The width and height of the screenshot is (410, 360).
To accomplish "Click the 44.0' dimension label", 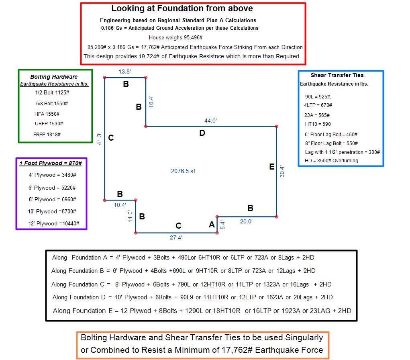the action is point(210,121).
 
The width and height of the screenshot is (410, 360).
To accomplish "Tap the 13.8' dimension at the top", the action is point(124,72).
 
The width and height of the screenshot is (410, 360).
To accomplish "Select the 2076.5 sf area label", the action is point(183,171).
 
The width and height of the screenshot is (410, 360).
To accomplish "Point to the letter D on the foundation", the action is point(202,133).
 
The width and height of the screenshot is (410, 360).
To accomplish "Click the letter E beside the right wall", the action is point(272,167).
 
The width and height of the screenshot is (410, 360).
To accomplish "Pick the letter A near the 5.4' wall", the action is point(212,225).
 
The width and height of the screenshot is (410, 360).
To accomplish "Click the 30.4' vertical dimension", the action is point(282,172).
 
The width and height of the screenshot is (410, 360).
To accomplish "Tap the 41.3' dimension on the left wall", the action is point(99,139).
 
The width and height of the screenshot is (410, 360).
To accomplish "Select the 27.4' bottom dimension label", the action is point(176,237).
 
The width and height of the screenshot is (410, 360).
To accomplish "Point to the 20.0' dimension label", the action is point(246,222).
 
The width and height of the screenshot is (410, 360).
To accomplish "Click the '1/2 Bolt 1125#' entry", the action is point(52,93).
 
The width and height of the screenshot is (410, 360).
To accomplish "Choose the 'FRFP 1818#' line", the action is point(47,135).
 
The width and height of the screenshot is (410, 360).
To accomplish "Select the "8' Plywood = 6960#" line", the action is point(52,199).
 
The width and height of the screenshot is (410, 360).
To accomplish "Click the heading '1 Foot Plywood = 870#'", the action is point(51,163).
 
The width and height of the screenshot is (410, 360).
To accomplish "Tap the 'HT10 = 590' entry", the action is point(318,124).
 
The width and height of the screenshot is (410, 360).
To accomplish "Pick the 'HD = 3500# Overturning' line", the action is point(331,161).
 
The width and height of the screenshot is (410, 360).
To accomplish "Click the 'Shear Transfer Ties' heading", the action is point(337,76).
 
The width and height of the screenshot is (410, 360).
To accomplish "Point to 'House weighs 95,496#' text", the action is point(176,38).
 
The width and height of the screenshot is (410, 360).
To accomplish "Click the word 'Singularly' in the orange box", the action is point(304,338).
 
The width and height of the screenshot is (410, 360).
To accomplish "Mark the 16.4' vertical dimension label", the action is point(151,102).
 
